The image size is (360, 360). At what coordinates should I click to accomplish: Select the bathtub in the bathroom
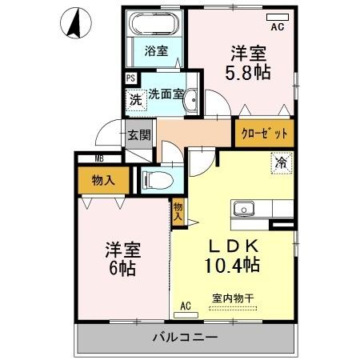156,25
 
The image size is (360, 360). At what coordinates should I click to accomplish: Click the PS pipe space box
130,78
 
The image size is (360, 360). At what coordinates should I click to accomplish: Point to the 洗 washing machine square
135,100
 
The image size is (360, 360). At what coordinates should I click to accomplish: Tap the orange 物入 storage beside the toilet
103,180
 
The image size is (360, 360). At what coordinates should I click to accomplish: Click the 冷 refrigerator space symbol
281,162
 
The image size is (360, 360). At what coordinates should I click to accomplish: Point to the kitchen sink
243,210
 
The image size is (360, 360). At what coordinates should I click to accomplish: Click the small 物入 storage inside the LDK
178,210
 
